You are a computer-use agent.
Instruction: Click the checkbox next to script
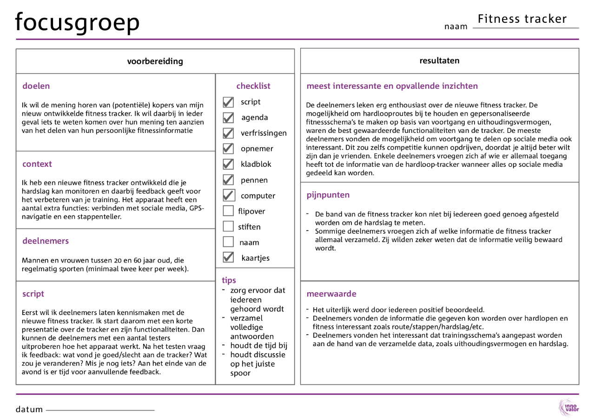pos(228,102)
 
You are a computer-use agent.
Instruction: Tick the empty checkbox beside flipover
pos(228,211)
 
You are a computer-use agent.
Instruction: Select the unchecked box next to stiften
pos(228,227)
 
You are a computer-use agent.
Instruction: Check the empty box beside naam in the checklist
pos(228,242)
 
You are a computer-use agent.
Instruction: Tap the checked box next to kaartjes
pos(228,257)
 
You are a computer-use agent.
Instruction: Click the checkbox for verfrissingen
pos(228,133)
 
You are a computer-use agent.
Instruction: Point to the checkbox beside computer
pos(228,195)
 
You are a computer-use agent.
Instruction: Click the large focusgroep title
pos(77,22)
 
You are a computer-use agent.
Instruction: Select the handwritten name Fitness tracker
pos(522,19)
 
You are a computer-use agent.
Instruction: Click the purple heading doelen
pos(36,86)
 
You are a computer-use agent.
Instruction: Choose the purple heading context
pos(37,164)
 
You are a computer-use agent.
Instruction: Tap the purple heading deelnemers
pos(46,241)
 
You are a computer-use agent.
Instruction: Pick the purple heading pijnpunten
pos(328,195)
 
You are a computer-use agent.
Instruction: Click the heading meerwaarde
pos(331,294)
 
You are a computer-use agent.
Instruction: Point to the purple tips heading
pos(229,280)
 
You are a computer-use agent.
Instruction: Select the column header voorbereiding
pos(155,61)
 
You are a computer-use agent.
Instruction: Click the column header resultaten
pos(439,60)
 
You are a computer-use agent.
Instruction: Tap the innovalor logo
pos(569,407)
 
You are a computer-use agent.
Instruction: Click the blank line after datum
pos(100,410)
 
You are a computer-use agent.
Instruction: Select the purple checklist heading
pos(253,86)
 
